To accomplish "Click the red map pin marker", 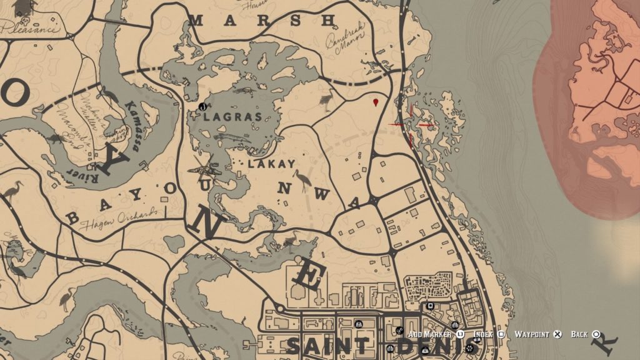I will point(375,101).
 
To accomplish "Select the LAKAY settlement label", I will point(271,164).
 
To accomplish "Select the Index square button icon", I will point(501,334).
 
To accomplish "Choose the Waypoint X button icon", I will point(557,334).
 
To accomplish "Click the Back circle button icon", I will point(596,334).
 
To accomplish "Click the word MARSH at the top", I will point(262,20).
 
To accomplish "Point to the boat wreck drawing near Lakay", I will point(207,167).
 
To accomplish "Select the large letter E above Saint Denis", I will point(309,276).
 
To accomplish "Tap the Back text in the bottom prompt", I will point(579,334).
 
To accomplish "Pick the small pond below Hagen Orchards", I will point(174,243).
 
